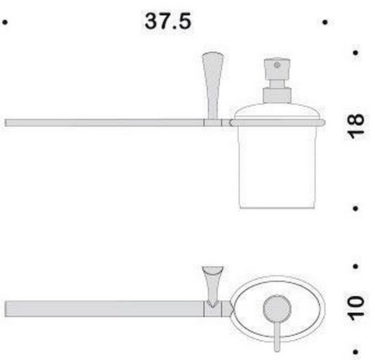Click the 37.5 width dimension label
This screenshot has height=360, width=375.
click(168, 21)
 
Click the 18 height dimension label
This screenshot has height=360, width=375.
click(356, 126)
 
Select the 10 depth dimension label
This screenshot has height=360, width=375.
click(356, 308)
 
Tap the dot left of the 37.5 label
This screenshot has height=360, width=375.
click(5, 22)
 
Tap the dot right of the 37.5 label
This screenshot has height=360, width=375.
click(325, 22)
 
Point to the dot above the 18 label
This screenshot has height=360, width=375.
click(356, 53)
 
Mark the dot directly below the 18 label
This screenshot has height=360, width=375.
click(356, 208)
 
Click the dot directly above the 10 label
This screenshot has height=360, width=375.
click(356, 266)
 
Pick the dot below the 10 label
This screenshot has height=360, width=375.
click(356, 352)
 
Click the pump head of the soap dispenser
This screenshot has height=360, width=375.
click(277, 69)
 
